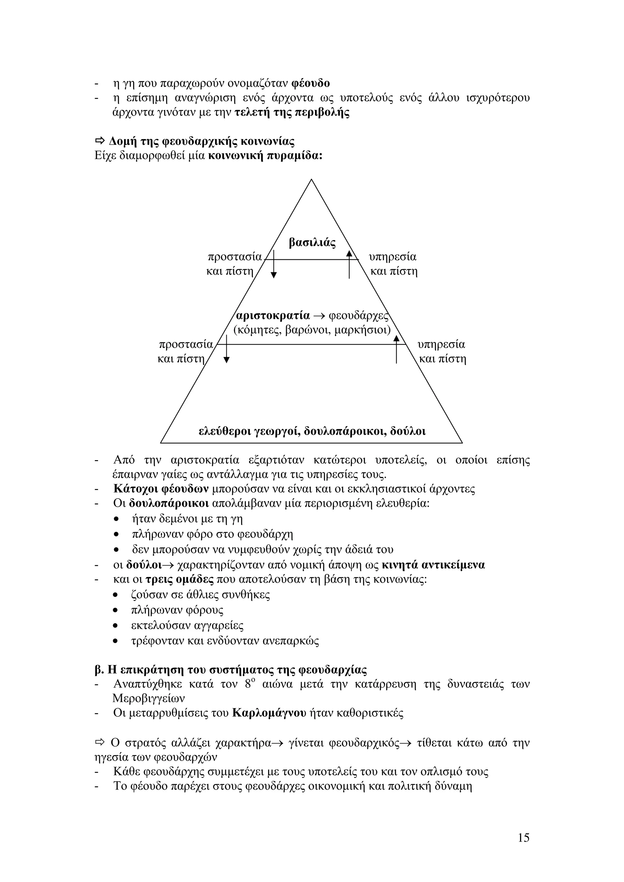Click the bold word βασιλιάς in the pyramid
click(312, 243)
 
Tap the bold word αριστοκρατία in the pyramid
click(273, 316)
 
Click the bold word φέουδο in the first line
click(311, 83)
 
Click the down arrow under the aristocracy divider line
click(226, 350)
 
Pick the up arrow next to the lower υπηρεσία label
click(396, 350)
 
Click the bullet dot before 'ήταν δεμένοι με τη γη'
click(116, 519)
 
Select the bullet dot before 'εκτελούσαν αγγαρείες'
click(116, 626)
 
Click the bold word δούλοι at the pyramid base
click(408, 431)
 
